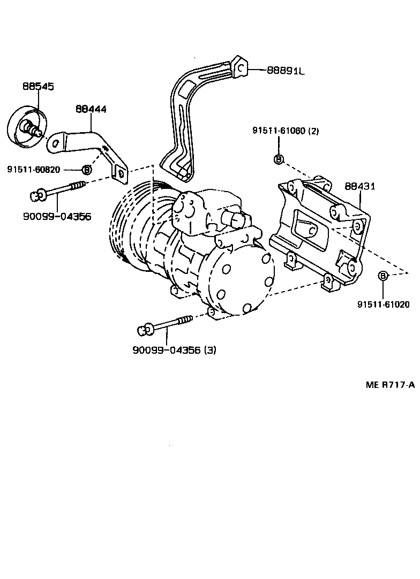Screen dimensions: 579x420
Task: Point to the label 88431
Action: tap(359, 186)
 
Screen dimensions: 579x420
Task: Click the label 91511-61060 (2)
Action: tap(286, 131)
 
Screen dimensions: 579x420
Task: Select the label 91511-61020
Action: tap(384, 304)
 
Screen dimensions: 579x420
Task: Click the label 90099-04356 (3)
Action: tap(174, 350)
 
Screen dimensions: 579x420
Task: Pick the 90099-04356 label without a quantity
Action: tap(57, 216)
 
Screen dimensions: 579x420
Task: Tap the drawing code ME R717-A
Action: tap(390, 385)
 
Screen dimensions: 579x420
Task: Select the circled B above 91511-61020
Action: tap(383, 276)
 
